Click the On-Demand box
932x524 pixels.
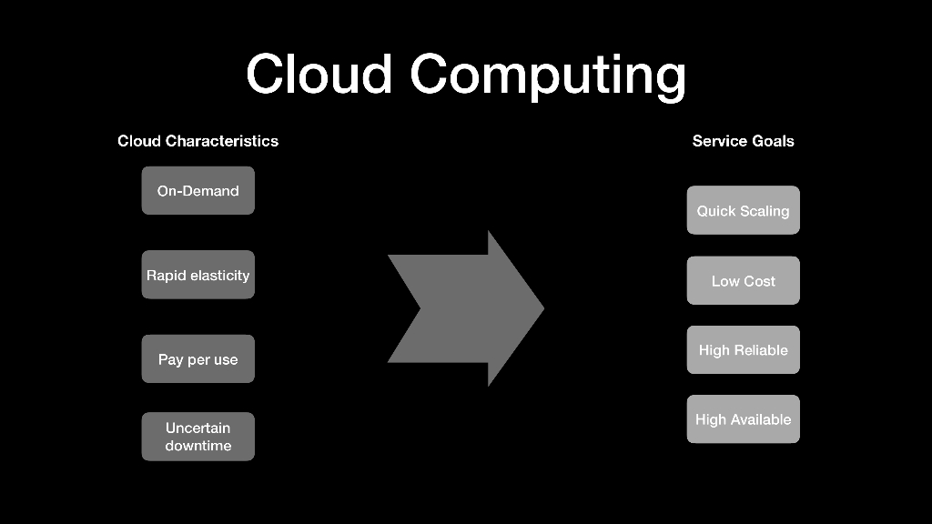point(198,191)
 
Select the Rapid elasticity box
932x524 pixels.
point(198,275)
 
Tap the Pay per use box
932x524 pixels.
point(198,358)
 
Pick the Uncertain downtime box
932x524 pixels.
point(198,437)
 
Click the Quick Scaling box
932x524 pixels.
point(743,210)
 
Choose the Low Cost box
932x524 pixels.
point(743,280)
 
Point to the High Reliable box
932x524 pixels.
point(743,350)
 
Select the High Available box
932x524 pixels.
point(743,418)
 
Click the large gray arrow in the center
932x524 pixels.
point(466,308)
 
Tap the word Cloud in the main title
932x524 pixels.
point(319,74)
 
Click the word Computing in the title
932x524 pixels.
point(548,76)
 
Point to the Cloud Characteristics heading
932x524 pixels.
point(198,141)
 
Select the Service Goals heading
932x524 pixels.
point(743,141)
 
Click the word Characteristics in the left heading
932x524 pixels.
point(222,141)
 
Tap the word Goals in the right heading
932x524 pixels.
point(772,141)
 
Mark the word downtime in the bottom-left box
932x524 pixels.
point(198,446)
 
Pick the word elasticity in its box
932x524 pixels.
point(220,276)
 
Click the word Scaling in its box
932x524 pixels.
point(765,211)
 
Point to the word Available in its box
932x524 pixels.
point(763,419)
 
